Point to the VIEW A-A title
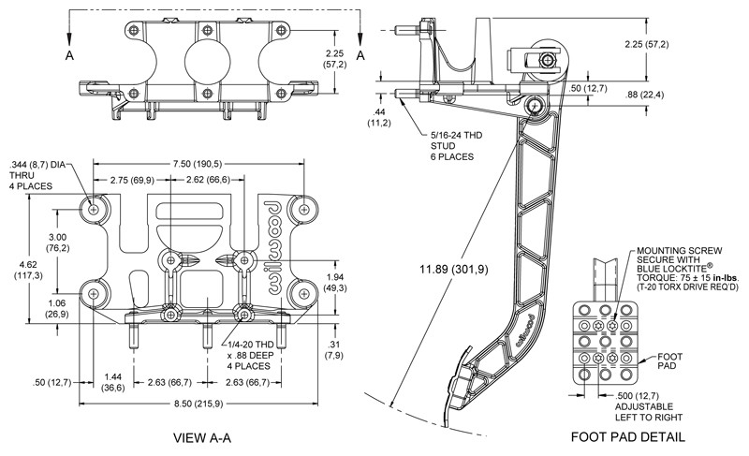coord(202,437)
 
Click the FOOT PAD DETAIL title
coord(627,436)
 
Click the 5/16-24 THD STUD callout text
coord(456,146)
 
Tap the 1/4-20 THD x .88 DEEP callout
coord(250,355)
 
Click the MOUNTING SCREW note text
coord(687,269)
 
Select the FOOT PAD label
coord(669,361)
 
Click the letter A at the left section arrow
coord(69,55)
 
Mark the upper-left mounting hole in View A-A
coord(93,209)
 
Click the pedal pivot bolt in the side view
coord(534,105)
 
